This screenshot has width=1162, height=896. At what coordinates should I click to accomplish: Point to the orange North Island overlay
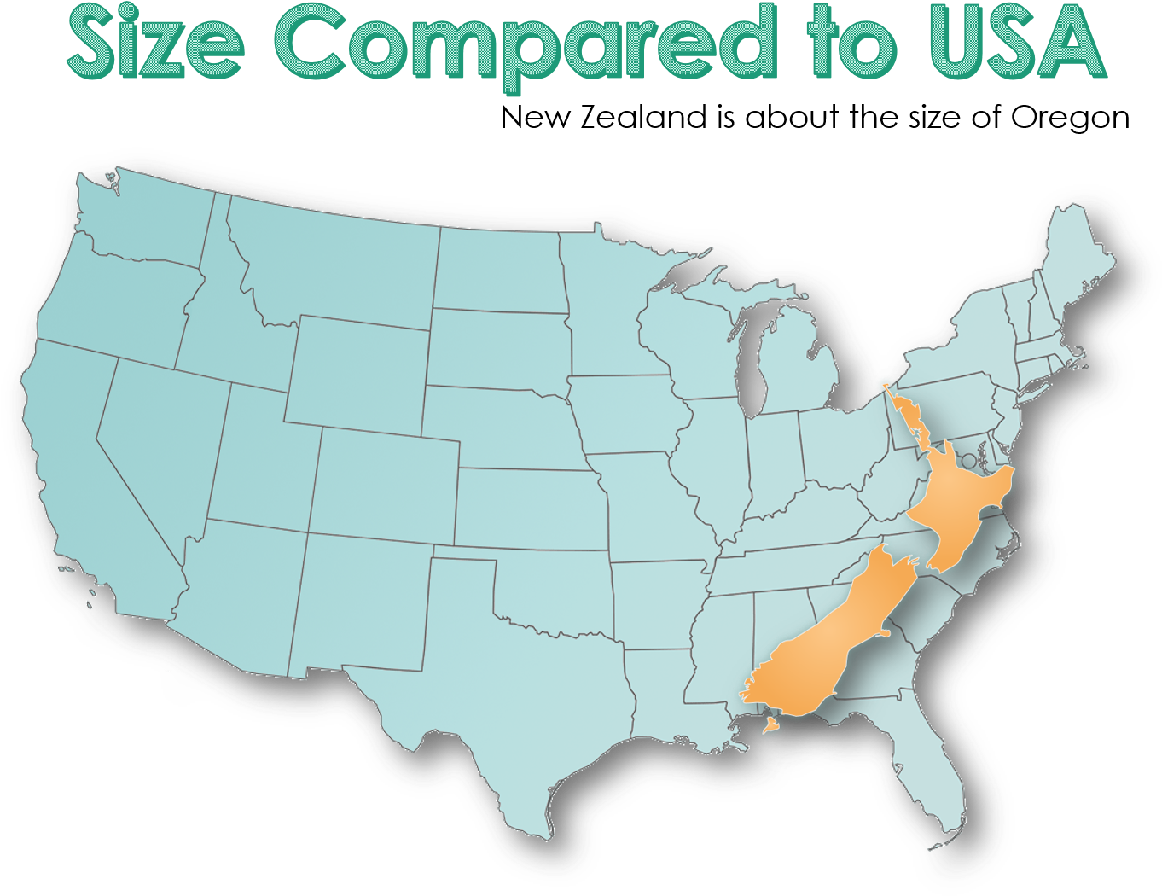coord(960,503)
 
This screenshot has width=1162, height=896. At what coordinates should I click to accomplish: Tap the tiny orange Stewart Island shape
coord(770,726)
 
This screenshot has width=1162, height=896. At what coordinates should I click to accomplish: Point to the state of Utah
coord(260,452)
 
